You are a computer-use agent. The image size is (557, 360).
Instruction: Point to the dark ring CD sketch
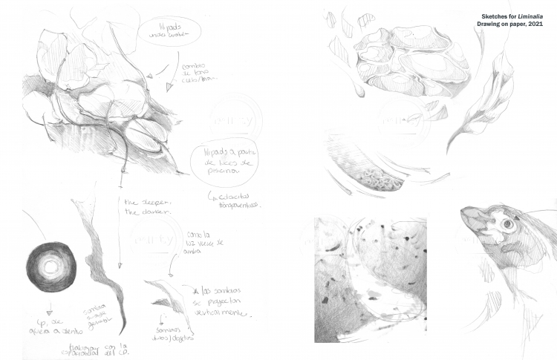(x=51, y=264)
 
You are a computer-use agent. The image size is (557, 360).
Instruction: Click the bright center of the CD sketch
(x=51, y=264)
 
